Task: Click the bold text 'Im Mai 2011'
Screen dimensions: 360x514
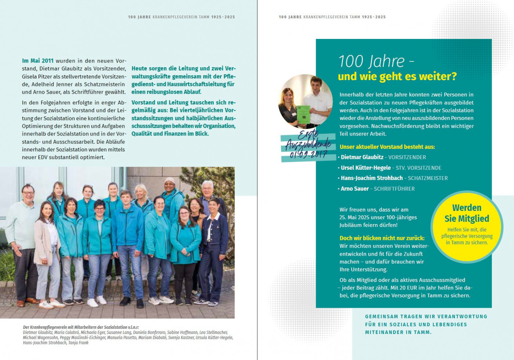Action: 38,61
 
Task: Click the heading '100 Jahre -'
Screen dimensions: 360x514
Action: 376,61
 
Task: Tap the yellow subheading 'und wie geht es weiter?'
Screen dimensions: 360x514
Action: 397,76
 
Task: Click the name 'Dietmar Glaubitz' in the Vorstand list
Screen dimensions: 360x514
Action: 362,157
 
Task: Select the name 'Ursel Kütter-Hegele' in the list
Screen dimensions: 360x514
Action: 366,168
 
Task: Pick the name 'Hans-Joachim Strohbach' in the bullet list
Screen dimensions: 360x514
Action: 372,178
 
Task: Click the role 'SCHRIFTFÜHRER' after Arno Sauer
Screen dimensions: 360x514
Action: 394,189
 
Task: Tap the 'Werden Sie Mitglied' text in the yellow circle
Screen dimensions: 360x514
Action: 467,213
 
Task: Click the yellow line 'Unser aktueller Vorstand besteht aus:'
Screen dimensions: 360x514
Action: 387,147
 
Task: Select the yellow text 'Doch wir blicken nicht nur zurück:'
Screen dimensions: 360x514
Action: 382,238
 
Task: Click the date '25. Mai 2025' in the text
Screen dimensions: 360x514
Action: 354,217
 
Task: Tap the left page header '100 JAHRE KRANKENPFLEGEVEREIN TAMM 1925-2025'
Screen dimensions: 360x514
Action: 181,17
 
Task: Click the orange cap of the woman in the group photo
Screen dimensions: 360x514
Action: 170,180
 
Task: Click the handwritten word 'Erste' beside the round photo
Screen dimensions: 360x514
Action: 308,134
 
